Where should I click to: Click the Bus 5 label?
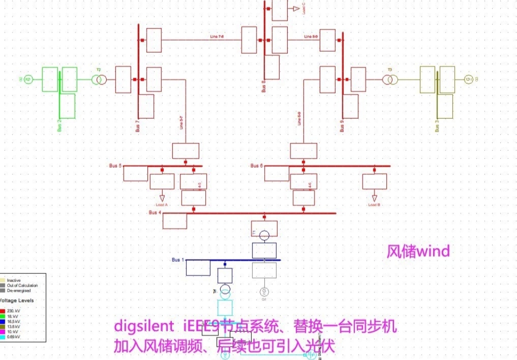coord(115,166)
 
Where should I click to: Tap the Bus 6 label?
coord(257,166)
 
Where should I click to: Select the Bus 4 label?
coord(155,213)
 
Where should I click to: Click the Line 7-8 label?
coord(217,37)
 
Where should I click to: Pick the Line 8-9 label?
coord(311,37)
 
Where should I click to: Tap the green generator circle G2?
coord(28,79)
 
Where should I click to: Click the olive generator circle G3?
coord(468,79)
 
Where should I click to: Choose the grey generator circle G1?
coord(264,292)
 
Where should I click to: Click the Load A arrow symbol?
coord(162,198)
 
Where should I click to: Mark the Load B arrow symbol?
coord(374,198)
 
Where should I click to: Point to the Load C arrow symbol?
coord(296,9)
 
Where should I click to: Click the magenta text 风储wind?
coord(418,251)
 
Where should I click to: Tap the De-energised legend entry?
coord(18,291)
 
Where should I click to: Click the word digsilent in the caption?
coord(144,327)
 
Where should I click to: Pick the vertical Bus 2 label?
coord(60,124)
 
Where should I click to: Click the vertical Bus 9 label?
coord(342,126)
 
